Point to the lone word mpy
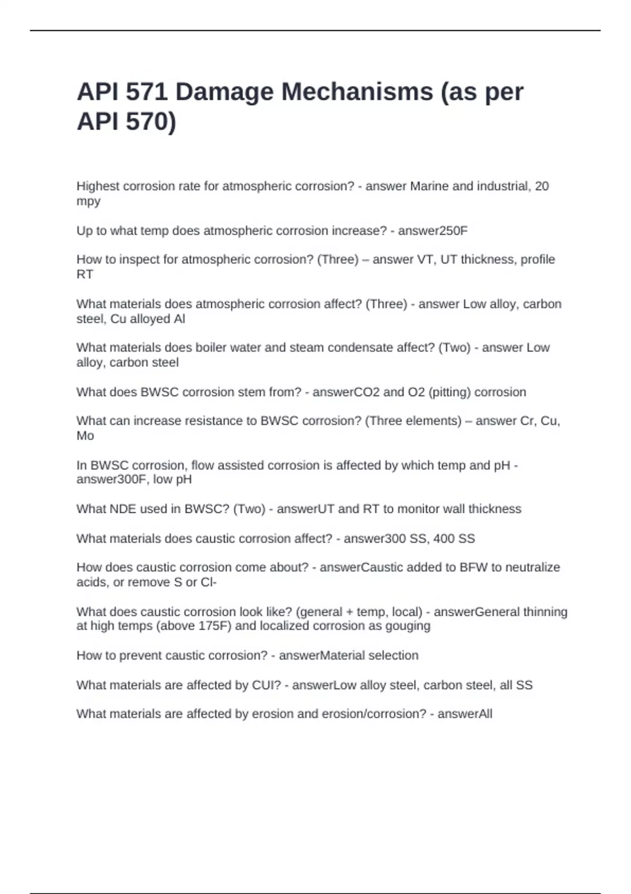88,201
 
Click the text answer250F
432,231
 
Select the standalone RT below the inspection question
85,274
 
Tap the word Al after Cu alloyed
179,319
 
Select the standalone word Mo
85,435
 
